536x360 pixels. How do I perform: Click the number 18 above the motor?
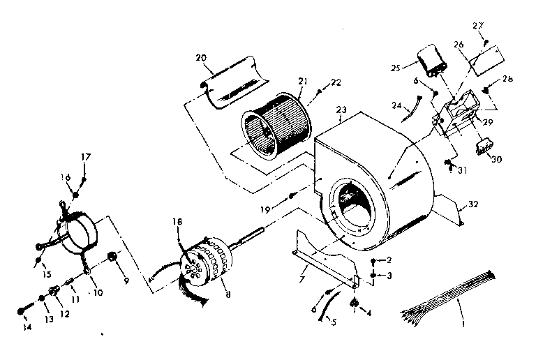[177, 221]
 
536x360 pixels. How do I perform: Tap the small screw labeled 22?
[318, 90]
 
